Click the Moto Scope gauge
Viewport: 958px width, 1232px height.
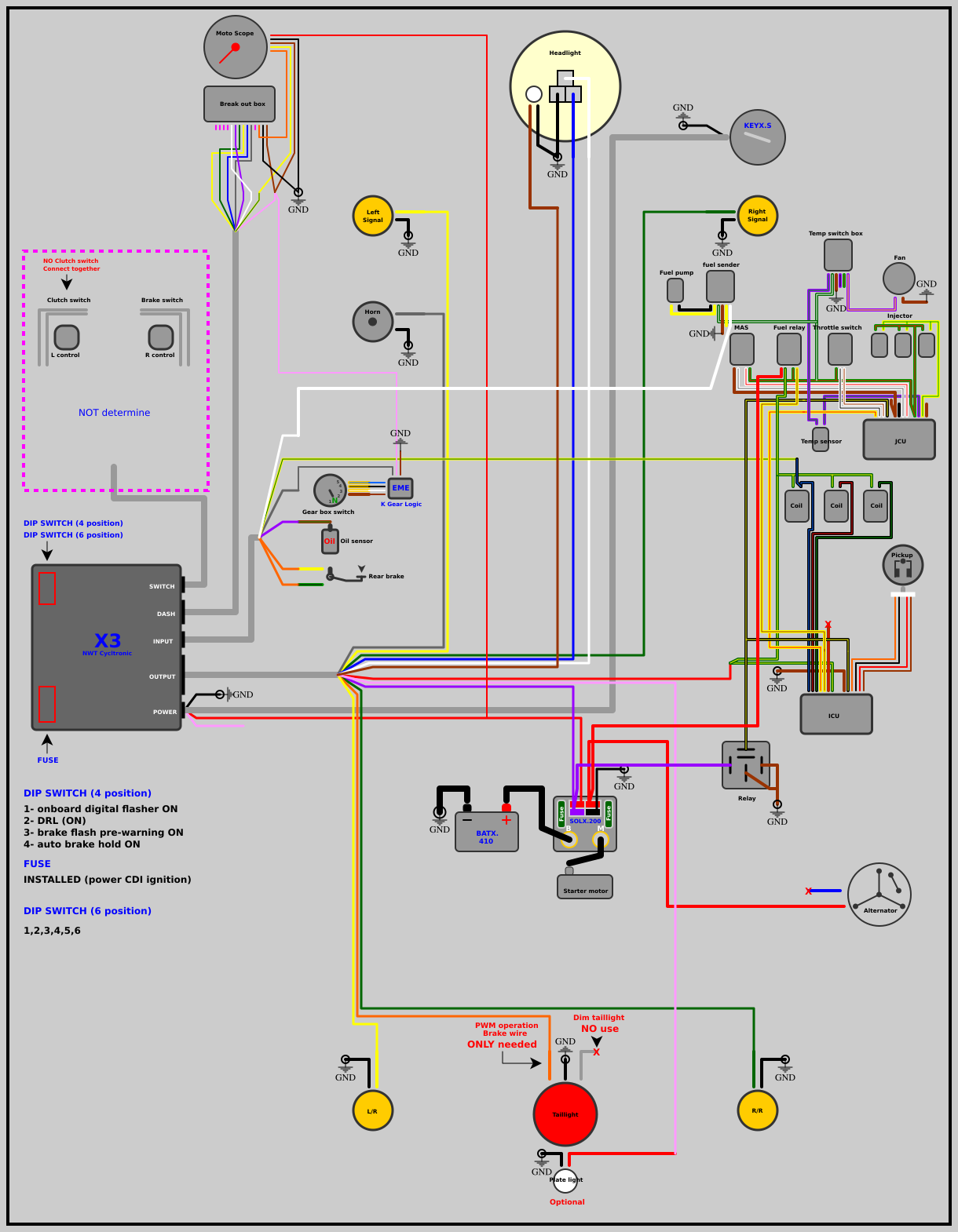tap(236, 47)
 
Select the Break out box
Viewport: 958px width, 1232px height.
tap(239, 104)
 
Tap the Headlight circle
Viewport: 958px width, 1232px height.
tap(565, 86)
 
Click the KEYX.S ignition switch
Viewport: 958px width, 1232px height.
tap(758, 137)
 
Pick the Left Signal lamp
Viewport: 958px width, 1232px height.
tap(373, 216)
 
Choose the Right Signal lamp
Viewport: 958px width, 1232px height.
tap(758, 216)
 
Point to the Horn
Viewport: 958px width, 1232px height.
tap(373, 322)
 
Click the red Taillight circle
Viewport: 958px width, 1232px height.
tap(565, 1114)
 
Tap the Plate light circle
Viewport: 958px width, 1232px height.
tap(565, 1181)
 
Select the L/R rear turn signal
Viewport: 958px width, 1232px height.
tap(373, 1110)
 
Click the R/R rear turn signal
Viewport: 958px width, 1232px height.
tap(758, 1110)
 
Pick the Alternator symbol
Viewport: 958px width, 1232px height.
tap(879, 895)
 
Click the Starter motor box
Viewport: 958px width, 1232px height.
tap(585, 888)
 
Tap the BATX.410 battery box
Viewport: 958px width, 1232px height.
tap(487, 833)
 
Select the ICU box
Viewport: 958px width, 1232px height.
tap(836, 714)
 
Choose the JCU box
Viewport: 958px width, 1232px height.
tap(899, 439)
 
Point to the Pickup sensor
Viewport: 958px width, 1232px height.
tap(903, 565)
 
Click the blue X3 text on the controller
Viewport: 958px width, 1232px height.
tap(108, 640)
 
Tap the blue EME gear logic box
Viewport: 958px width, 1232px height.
tap(400, 488)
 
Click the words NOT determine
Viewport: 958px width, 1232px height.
tap(114, 413)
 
